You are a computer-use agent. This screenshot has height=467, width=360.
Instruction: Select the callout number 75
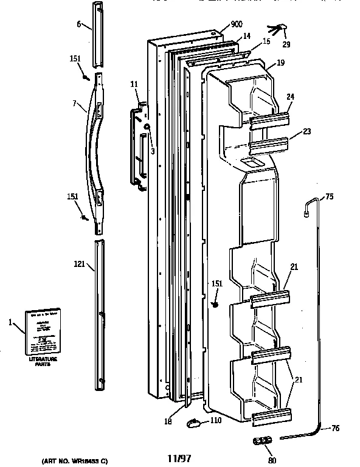click(x=329, y=196)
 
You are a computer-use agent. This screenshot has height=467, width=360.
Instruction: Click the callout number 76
click(x=334, y=428)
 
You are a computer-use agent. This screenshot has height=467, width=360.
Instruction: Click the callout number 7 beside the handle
click(x=74, y=104)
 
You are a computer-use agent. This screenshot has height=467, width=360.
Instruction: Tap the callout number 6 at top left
click(x=78, y=25)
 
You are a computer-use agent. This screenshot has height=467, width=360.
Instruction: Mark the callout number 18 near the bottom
click(x=168, y=421)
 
